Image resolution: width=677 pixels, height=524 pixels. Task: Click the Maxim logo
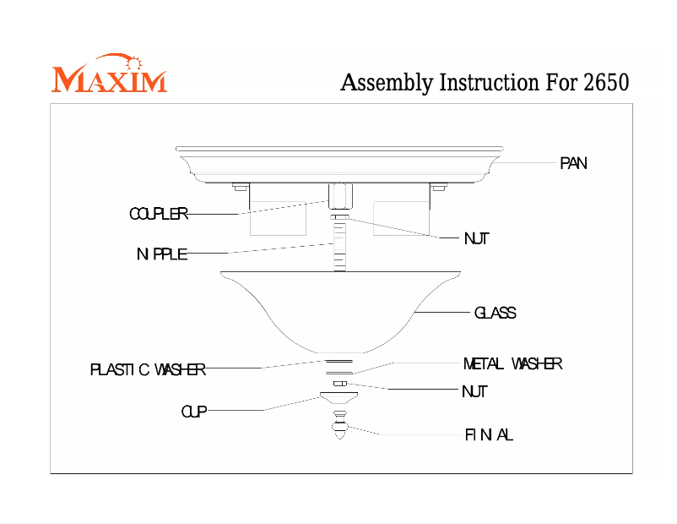[x=109, y=75]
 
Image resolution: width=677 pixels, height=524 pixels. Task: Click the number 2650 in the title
[x=606, y=84]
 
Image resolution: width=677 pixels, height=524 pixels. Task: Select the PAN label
[x=573, y=163]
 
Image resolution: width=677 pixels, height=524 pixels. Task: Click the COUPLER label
[x=158, y=214]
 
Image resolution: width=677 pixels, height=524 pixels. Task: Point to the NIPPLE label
[x=162, y=254]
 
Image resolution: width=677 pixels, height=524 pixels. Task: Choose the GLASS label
[x=495, y=313]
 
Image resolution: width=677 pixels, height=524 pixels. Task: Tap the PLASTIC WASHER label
[x=148, y=369]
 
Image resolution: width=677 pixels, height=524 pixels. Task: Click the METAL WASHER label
[x=512, y=364]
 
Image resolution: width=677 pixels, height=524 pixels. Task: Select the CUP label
[x=193, y=412]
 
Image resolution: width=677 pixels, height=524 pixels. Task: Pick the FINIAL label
[x=489, y=435]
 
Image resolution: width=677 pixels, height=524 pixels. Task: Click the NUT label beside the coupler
[x=476, y=239]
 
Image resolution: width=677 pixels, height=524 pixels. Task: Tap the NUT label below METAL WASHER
[x=474, y=392]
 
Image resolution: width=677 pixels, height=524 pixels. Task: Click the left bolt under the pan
[x=239, y=187]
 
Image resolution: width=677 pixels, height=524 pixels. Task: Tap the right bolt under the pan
[x=438, y=187]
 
